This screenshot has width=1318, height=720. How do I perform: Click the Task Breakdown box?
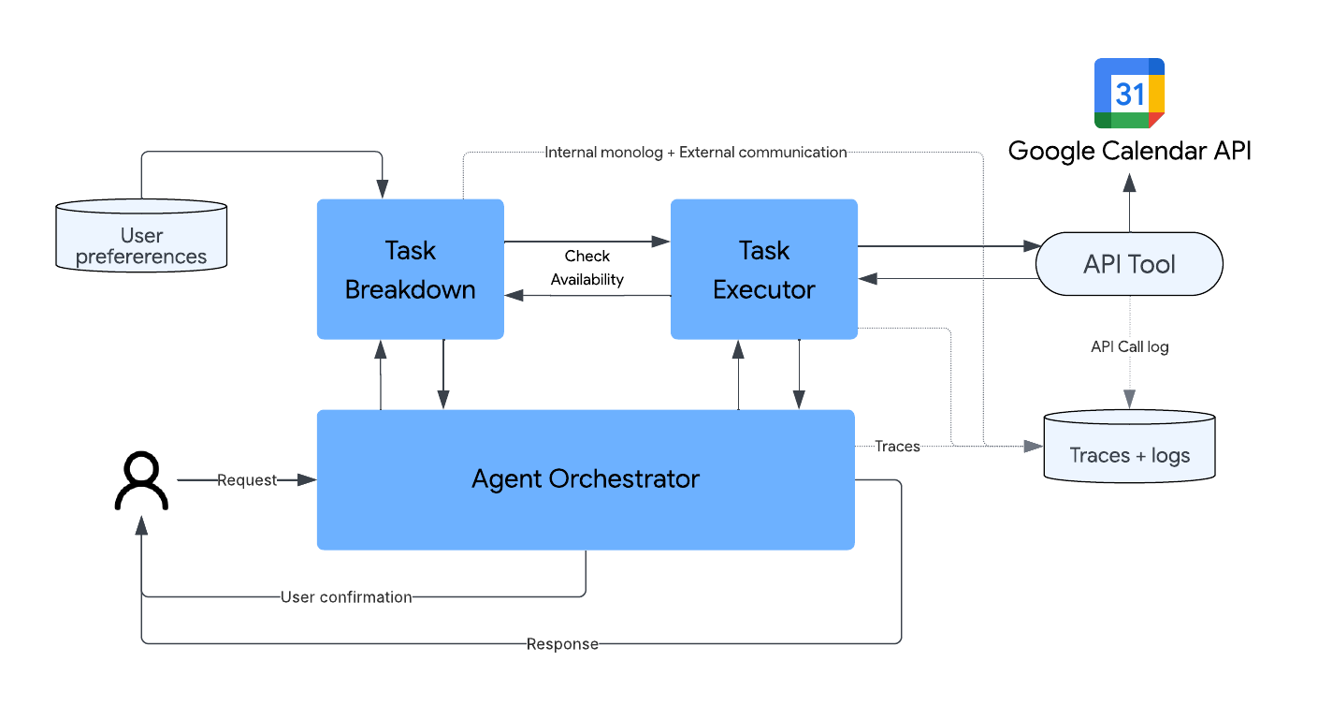point(410,269)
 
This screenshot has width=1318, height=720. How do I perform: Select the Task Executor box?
point(763,269)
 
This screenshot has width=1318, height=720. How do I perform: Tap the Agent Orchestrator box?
point(586,479)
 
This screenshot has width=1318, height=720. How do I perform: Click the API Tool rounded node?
point(1129,264)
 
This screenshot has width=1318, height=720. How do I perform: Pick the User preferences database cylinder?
point(141,236)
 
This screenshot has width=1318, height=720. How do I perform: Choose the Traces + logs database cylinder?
point(1129,448)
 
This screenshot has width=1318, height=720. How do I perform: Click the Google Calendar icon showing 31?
point(1129,93)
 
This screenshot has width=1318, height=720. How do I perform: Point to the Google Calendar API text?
point(1129,151)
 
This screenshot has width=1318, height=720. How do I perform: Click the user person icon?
point(141,481)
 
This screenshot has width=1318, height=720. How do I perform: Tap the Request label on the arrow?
point(247,480)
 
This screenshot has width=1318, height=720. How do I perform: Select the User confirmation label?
point(346,596)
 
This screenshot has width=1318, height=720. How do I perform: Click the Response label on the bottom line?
point(562,643)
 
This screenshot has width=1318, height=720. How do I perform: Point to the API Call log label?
point(1129,346)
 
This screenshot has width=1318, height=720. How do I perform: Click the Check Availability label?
point(587,268)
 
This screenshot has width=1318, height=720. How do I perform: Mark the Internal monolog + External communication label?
point(695,152)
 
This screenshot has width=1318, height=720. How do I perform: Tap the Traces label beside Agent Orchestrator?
point(897,447)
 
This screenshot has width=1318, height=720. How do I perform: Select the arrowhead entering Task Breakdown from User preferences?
point(382,191)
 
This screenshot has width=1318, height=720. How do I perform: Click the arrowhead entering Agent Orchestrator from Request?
point(308,480)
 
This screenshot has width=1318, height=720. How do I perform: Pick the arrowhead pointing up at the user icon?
point(141,527)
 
